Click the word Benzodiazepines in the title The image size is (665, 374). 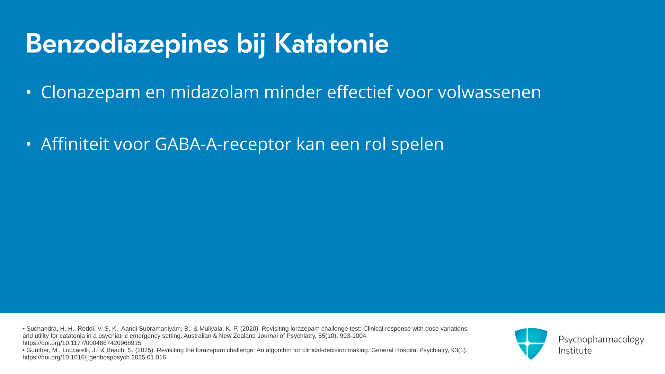(x=127, y=44)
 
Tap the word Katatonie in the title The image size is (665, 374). (x=331, y=43)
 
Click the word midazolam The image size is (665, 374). (x=215, y=92)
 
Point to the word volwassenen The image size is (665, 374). (x=489, y=92)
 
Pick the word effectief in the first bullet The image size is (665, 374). (x=360, y=92)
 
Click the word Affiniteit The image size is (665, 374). (x=75, y=144)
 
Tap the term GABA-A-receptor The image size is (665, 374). (x=223, y=144)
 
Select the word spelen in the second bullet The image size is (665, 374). (x=417, y=144)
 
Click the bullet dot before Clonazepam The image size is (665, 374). (x=28, y=92)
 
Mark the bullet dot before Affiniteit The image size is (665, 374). (x=28, y=144)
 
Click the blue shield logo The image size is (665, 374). (x=531, y=344)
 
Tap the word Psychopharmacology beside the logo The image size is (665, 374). (x=601, y=340)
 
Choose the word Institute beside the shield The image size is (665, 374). (x=575, y=350)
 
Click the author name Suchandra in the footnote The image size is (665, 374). (x=42, y=329)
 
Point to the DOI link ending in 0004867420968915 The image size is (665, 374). (x=82, y=343)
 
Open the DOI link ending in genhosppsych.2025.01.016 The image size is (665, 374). (x=94, y=357)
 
